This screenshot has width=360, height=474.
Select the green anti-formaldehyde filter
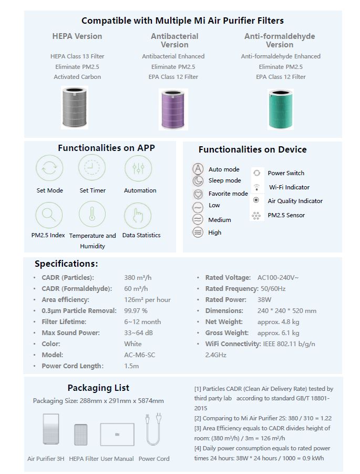[280, 109]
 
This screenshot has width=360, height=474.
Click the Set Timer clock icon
[92, 168]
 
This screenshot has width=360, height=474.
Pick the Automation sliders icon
[138, 168]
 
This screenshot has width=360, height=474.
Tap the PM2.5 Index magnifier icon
[49, 214]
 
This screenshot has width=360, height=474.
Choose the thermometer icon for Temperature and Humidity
[92, 214]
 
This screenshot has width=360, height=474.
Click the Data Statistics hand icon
[138, 215]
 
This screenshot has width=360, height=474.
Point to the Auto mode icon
[198, 169]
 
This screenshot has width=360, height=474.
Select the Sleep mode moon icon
[198, 180]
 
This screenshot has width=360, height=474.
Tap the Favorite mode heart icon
[198, 194]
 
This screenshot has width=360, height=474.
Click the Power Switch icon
[256, 173]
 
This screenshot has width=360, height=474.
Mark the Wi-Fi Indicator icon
[256, 187]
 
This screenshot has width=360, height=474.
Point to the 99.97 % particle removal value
[136, 310]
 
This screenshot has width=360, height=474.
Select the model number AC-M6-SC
[139, 355]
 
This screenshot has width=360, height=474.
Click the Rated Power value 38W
[265, 299]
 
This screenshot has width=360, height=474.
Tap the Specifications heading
[66, 264]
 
